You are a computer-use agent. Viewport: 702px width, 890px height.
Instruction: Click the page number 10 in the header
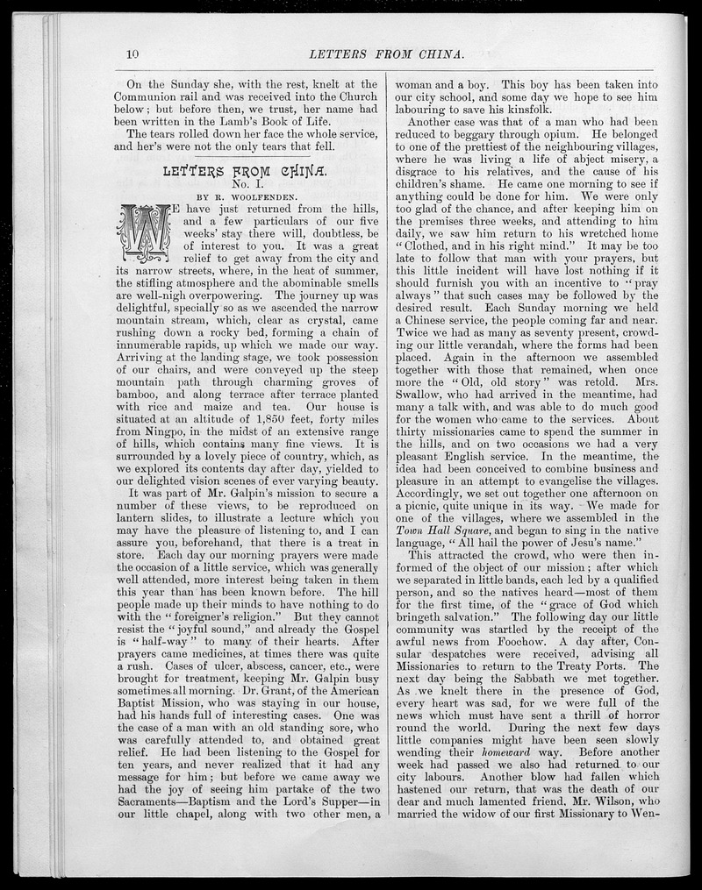(x=133, y=54)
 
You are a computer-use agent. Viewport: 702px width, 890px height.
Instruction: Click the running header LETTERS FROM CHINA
(x=399, y=54)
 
